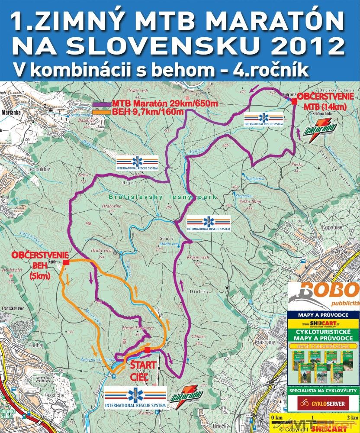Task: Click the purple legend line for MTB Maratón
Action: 102,104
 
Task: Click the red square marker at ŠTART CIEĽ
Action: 148,350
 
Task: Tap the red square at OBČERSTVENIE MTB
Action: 294,102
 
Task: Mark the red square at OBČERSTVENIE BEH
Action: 66,262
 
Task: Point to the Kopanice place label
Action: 332,227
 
